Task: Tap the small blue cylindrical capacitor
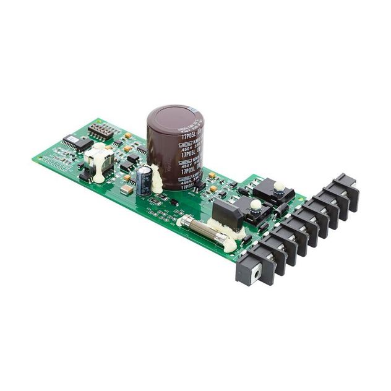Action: pos(144,179)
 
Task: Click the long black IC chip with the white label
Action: pos(77,143)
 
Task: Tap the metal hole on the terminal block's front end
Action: pos(247,272)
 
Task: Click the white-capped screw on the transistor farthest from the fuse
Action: pos(280,186)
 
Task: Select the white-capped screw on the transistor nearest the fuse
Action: pos(256,205)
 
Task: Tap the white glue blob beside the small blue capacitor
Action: pos(157,181)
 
